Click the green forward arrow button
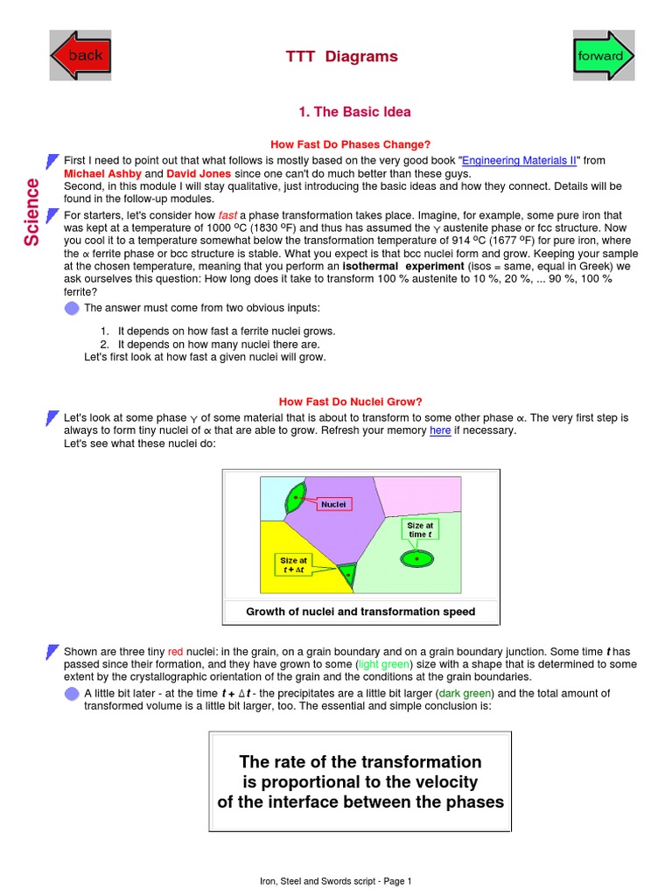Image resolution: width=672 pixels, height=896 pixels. pyautogui.click(x=603, y=55)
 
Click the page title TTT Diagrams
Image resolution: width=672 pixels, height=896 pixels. pyautogui.click(x=341, y=57)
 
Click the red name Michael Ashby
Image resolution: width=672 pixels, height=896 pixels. pyautogui.click(x=102, y=173)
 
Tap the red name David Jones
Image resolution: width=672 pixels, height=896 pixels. pyautogui.click(x=204, y=173)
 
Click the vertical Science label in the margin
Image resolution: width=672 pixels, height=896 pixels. pyautogui.click(x=31, y=212)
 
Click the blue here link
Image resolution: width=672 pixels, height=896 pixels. pyautogui.click(x=440, y=430)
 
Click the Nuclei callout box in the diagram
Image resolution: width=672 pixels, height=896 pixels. pyautogui.click(x=333, y=504)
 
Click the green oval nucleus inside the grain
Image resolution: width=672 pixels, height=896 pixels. pyautogui.click(x=417, y=557)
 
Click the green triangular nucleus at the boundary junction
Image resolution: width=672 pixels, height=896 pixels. pyautogui.click(x=347, y=574)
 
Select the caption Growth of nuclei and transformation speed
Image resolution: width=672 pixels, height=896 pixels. pyautogui.click(x=360, y=612)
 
